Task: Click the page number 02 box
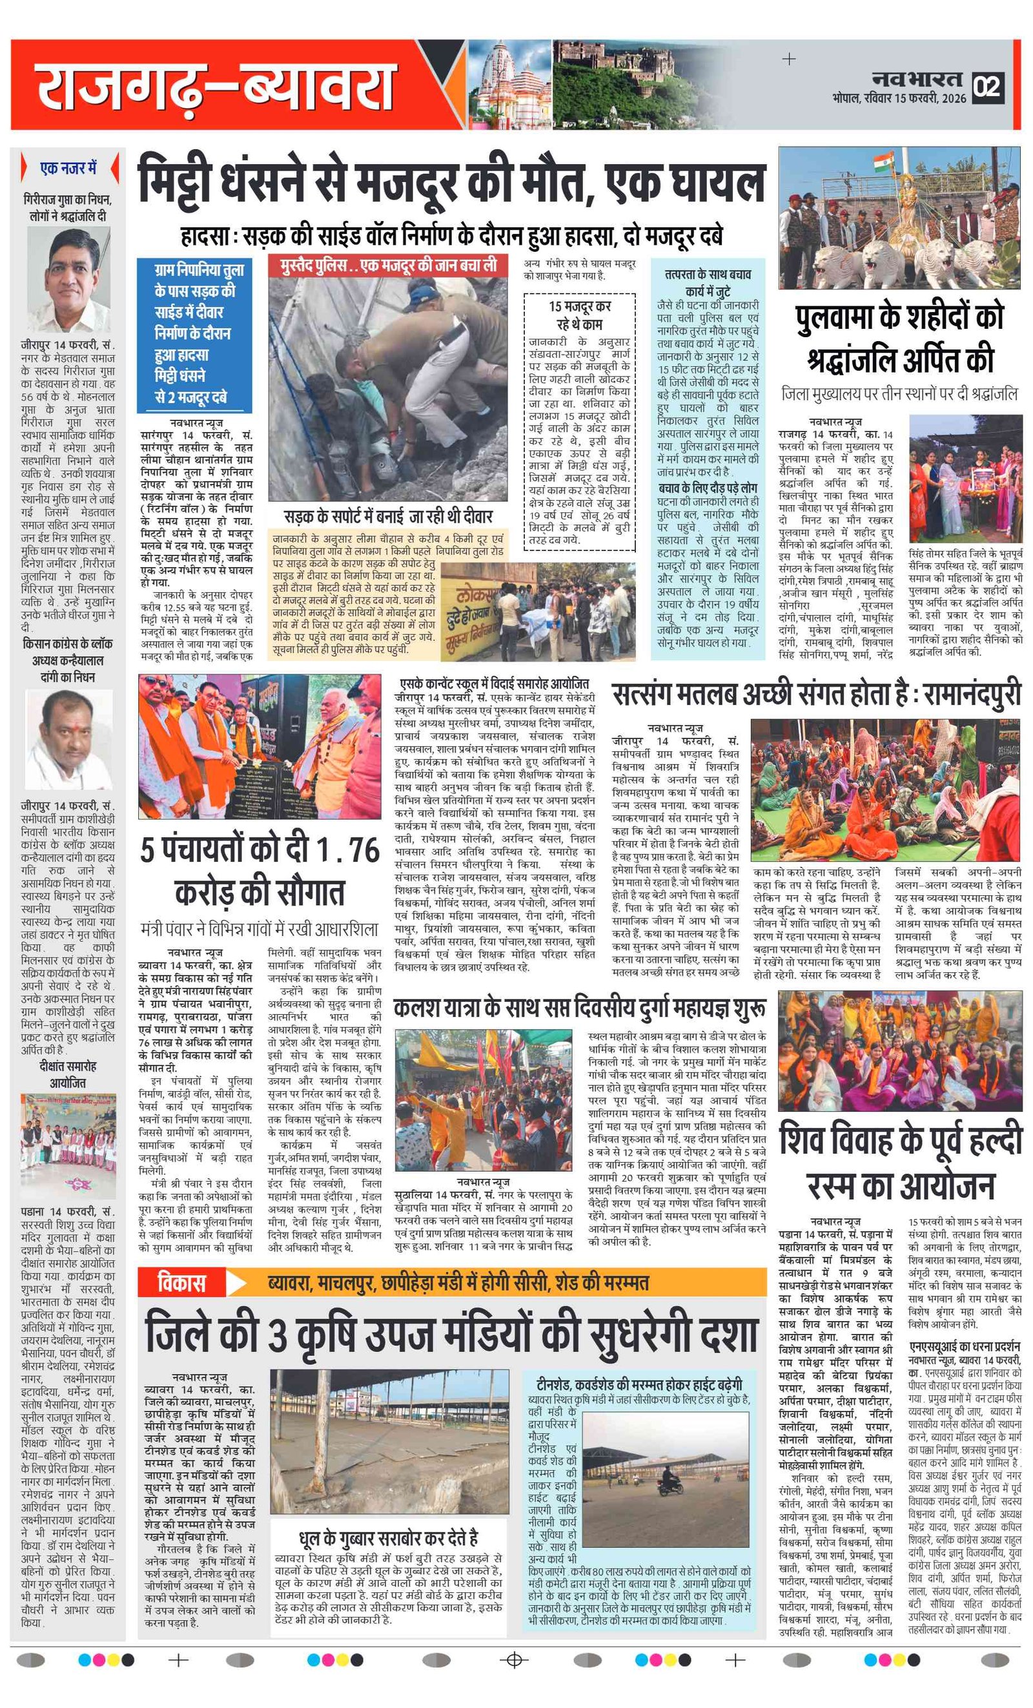click(987, 87)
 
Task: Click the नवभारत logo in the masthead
click(916, 78)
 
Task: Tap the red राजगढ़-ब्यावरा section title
click(215, 86)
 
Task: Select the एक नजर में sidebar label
click(68, 169)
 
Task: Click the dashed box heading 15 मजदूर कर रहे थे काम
click(580, 315)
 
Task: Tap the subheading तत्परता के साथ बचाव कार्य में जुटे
click(708, 282)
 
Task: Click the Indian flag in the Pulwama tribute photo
click(883, 162)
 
